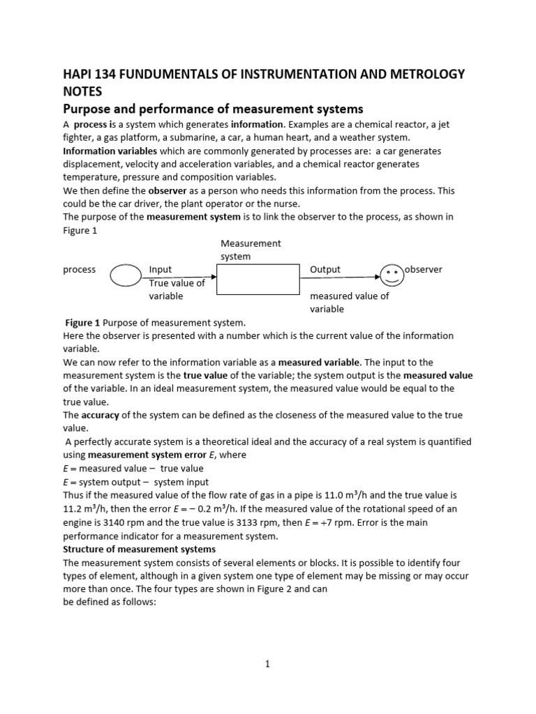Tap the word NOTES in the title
(83, 91)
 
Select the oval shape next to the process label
(126, 277)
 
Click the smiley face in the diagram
(392, 274)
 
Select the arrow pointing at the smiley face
(340, 277)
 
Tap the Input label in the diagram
(161, 269)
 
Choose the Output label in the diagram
(325, 269)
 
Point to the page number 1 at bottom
(267, 664)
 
